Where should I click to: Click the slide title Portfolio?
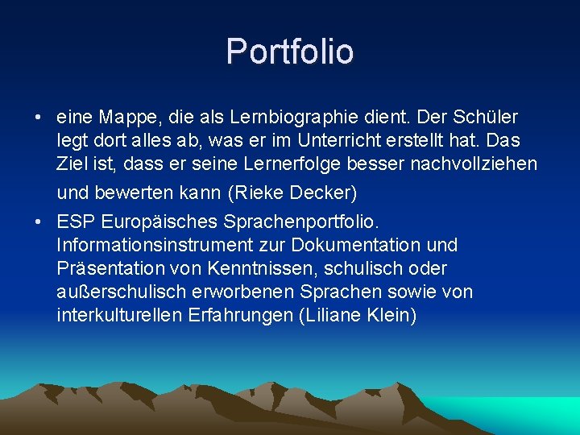(x=290, y=51)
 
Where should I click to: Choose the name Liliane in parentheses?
(x=332, y=314)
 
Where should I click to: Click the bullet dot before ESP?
(x=39, y=221)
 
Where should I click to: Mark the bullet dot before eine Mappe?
(x=39, y=118)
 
